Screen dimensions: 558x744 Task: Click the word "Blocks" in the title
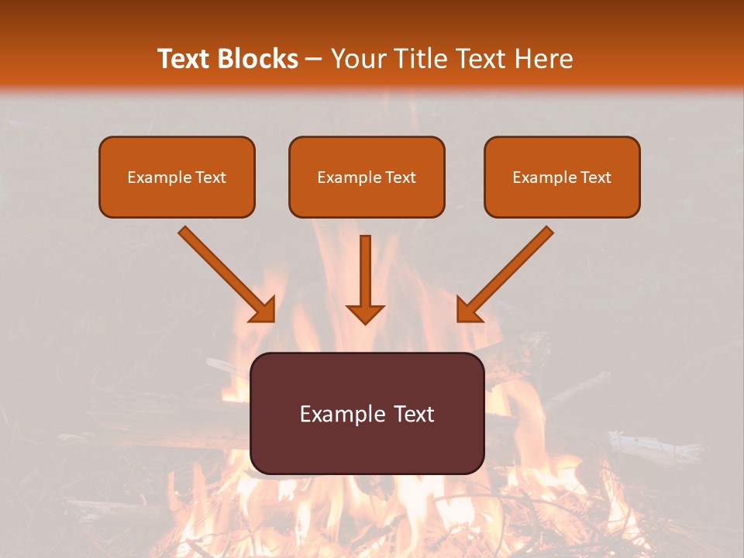[258, 59]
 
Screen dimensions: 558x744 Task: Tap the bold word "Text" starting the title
[185, 59]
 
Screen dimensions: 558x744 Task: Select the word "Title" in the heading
[423, 59]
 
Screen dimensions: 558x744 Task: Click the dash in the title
[314, 60]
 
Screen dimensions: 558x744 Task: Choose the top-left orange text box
[177, 177]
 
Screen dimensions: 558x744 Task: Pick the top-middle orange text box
[367, 177]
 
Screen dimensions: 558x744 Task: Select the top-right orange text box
[562, 177]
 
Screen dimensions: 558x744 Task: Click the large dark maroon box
[367, 413]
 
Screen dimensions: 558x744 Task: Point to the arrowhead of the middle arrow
[365, 313]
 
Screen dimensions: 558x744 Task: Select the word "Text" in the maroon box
[415, 414]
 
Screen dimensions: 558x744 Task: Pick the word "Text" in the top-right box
[596, 177]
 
